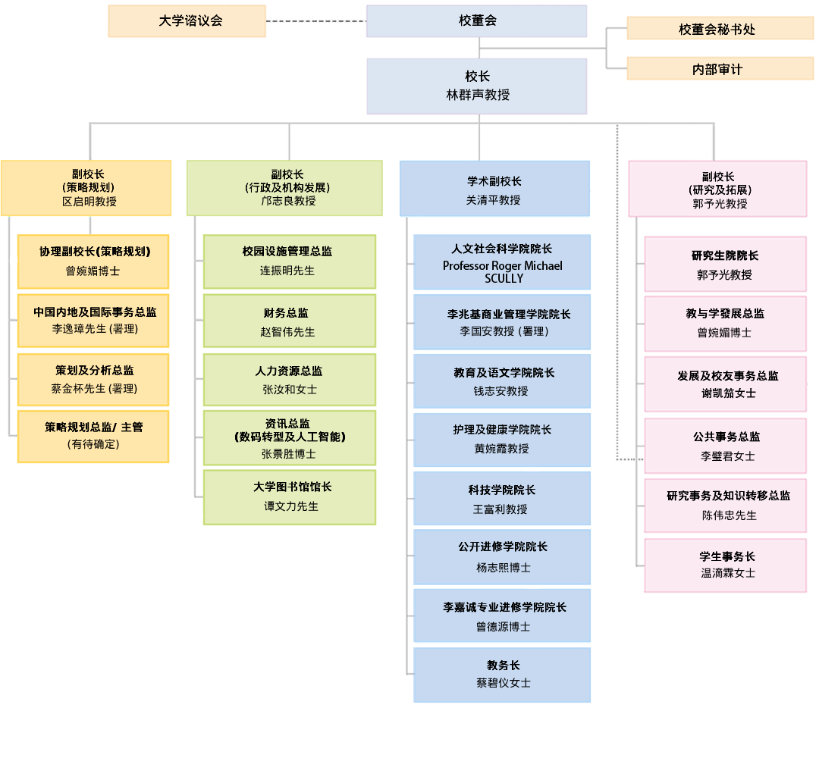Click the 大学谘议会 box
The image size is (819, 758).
(187, 21)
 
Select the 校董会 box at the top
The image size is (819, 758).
(476, 21)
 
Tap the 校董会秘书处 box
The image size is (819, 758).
(720, 29)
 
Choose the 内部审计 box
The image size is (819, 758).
(720, 69)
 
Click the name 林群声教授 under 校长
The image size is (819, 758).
(477, 96)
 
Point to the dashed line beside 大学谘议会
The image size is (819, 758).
(315, 21)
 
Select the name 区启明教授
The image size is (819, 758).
(89, 202)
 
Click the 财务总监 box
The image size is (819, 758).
(289, 321)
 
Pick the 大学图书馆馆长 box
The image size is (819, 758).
(289, 496)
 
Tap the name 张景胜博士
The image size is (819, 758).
(288, 454)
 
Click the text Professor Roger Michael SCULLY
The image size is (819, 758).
(503, 272)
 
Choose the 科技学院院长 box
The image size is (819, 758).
(501, 499)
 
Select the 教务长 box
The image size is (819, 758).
(501, 674)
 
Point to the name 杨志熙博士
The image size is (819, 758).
(503, 567)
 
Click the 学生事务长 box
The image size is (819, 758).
(725, 565)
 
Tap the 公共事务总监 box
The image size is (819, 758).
(725, 446)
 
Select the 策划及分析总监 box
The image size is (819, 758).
(93, 379)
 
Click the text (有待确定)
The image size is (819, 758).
(93, 444)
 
